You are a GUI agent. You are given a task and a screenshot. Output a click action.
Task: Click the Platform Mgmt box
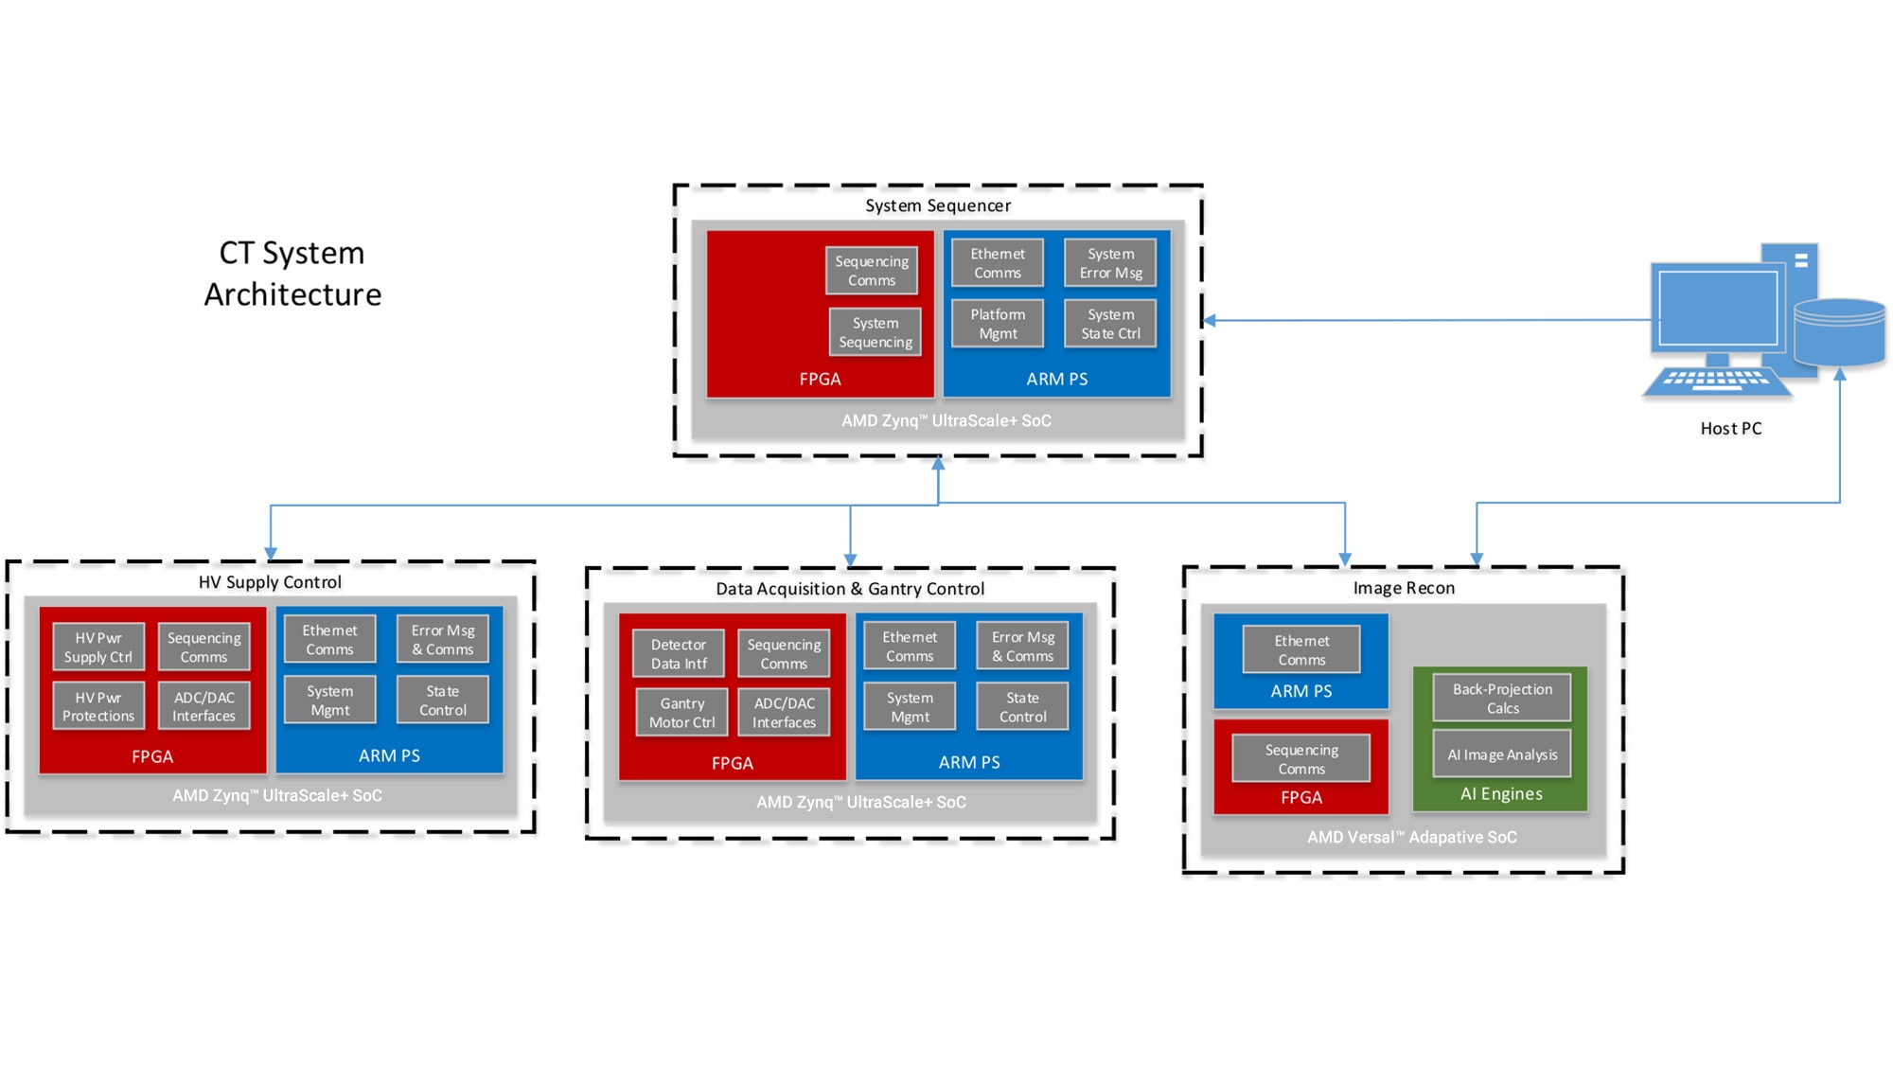click(x=998, y=324)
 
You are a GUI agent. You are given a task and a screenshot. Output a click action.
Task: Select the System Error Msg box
click(x=1110, y=263)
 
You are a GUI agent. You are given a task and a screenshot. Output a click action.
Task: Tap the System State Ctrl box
click(x=1110, y=324)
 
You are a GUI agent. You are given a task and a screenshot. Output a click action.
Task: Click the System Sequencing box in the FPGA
click(x=876, y=332)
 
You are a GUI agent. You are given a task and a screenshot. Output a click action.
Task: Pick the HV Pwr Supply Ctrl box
click(x=98, y=648)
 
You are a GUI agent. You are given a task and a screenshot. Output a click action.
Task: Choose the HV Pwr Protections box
click(x=98, y=706)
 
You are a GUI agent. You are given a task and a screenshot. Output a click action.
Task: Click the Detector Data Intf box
click(x=679, y=654)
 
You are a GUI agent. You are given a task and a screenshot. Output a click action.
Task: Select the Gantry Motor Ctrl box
click(x=682, y=713)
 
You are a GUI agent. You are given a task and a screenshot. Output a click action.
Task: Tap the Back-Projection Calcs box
click(x=1502, y=699)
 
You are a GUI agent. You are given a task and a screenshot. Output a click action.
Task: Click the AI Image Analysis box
click(x=1502, y=754)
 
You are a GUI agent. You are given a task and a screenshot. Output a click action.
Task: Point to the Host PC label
click(x=1731, y=429)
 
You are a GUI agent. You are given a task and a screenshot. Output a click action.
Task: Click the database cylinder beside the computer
click(x=1839, y=332)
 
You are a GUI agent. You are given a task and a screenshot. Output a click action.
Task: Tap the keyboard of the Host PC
click(x=1717, y=381)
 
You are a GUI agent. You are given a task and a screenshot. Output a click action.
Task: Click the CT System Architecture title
click(x=292, y=274)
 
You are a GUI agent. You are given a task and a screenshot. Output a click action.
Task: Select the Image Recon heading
click(x=1404, y=588)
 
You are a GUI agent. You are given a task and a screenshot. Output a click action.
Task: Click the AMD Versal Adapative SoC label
click(x=1411, y=838)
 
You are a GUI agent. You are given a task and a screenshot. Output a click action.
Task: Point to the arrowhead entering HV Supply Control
click(x=271, y=553)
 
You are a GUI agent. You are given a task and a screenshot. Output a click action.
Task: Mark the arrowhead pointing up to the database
click(x=1840, y=375)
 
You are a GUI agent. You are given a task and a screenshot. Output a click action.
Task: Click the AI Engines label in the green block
click(x=1501, y=794)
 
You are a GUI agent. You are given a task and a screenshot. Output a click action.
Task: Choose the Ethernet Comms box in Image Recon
click(x=1301, y=650)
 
